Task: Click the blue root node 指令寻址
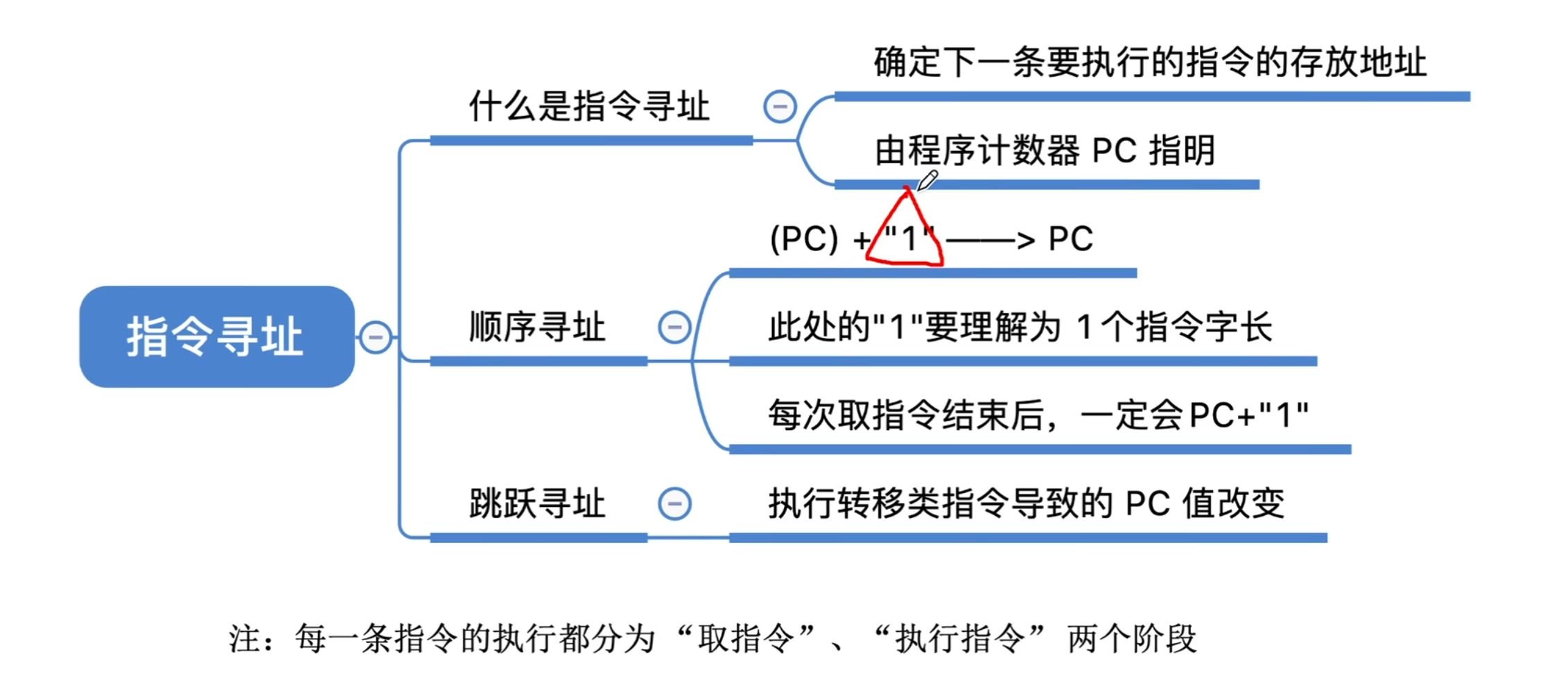[216, 336]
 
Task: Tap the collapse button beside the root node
[376, 337]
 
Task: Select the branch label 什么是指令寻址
[589, 107]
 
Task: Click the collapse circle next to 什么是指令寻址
[780, 107]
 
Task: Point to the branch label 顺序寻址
[537, 327]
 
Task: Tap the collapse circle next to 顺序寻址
[674, 327]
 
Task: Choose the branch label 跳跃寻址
[537, 504]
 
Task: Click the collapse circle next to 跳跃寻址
[674, 504]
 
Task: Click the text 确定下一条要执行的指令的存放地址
[1149, 62]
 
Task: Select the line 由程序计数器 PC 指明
[1045, 150]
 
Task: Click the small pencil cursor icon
[927, 180]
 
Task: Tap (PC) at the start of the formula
[804, 239]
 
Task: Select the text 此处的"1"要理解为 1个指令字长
[1020, 327]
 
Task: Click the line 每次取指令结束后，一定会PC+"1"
[1038, 415]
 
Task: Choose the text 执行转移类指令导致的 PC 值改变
[1026, 504]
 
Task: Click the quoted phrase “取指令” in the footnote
[746, 639]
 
